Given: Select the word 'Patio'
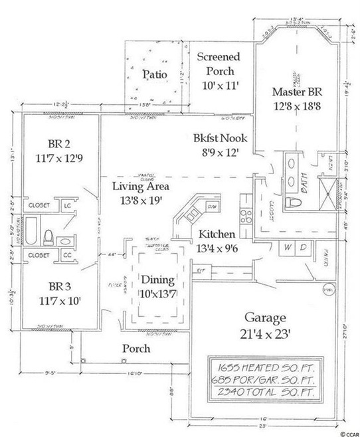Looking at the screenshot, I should click(x=154, y=74).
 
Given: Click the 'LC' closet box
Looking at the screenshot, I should click(x=67, y=206).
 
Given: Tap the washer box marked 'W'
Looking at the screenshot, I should click(x=288, y=247).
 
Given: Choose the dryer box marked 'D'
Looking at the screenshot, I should click(x=302, y=247).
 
